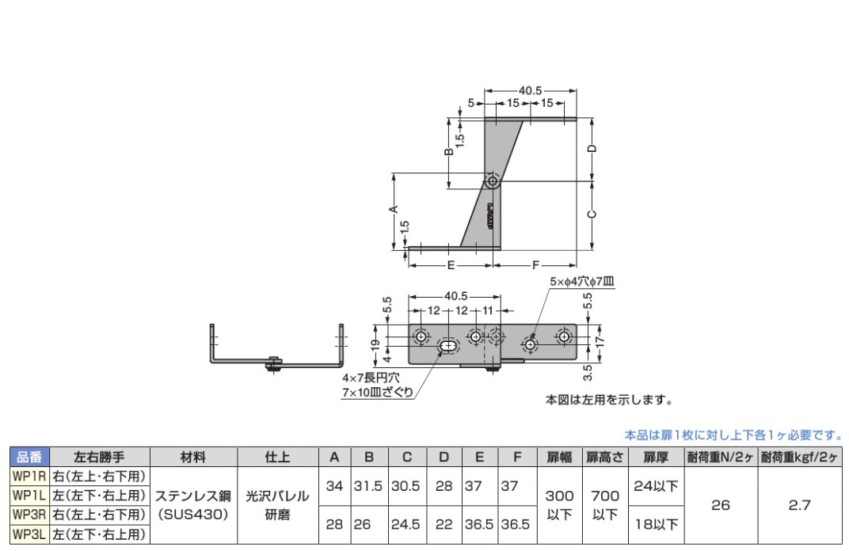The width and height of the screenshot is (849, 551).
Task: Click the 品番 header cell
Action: [x=29, y=457]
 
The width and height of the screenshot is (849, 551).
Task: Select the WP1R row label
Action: [x=29, y=476]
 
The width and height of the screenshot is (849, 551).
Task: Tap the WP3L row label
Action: [x=29, y=534]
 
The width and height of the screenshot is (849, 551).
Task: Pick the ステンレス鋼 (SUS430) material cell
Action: [x=192, y=505]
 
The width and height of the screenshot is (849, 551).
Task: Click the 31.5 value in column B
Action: [x=368, y=486]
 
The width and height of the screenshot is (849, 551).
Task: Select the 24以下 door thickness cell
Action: [x=657, y=486]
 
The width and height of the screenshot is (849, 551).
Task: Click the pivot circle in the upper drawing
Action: [x=493, y=181]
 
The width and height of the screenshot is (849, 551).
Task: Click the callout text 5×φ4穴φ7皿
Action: [x=581, y=281]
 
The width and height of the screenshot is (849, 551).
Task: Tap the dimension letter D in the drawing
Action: [x=592, y=149]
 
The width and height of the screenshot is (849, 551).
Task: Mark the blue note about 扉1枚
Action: [x=733, y=435]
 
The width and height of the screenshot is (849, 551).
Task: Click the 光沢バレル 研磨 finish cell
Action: [x=276, y=505]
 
